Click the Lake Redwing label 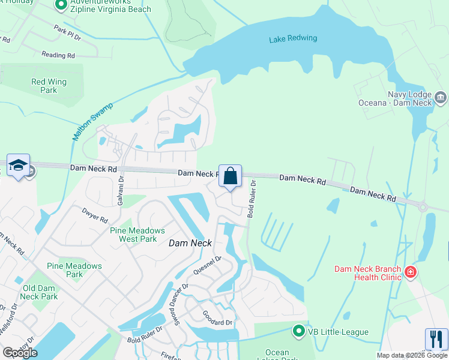click(293, 39)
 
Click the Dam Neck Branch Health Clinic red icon click(411, 273)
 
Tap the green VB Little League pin click(298, 331)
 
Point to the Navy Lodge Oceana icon click(440, 97)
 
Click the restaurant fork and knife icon click(436, 339)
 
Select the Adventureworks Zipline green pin click(60, 5)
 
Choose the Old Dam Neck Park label click(40, 292)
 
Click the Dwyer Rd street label click(95, 215)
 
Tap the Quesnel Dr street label click(207, 265)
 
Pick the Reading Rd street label click(58, 55)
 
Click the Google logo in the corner click(20, 352)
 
